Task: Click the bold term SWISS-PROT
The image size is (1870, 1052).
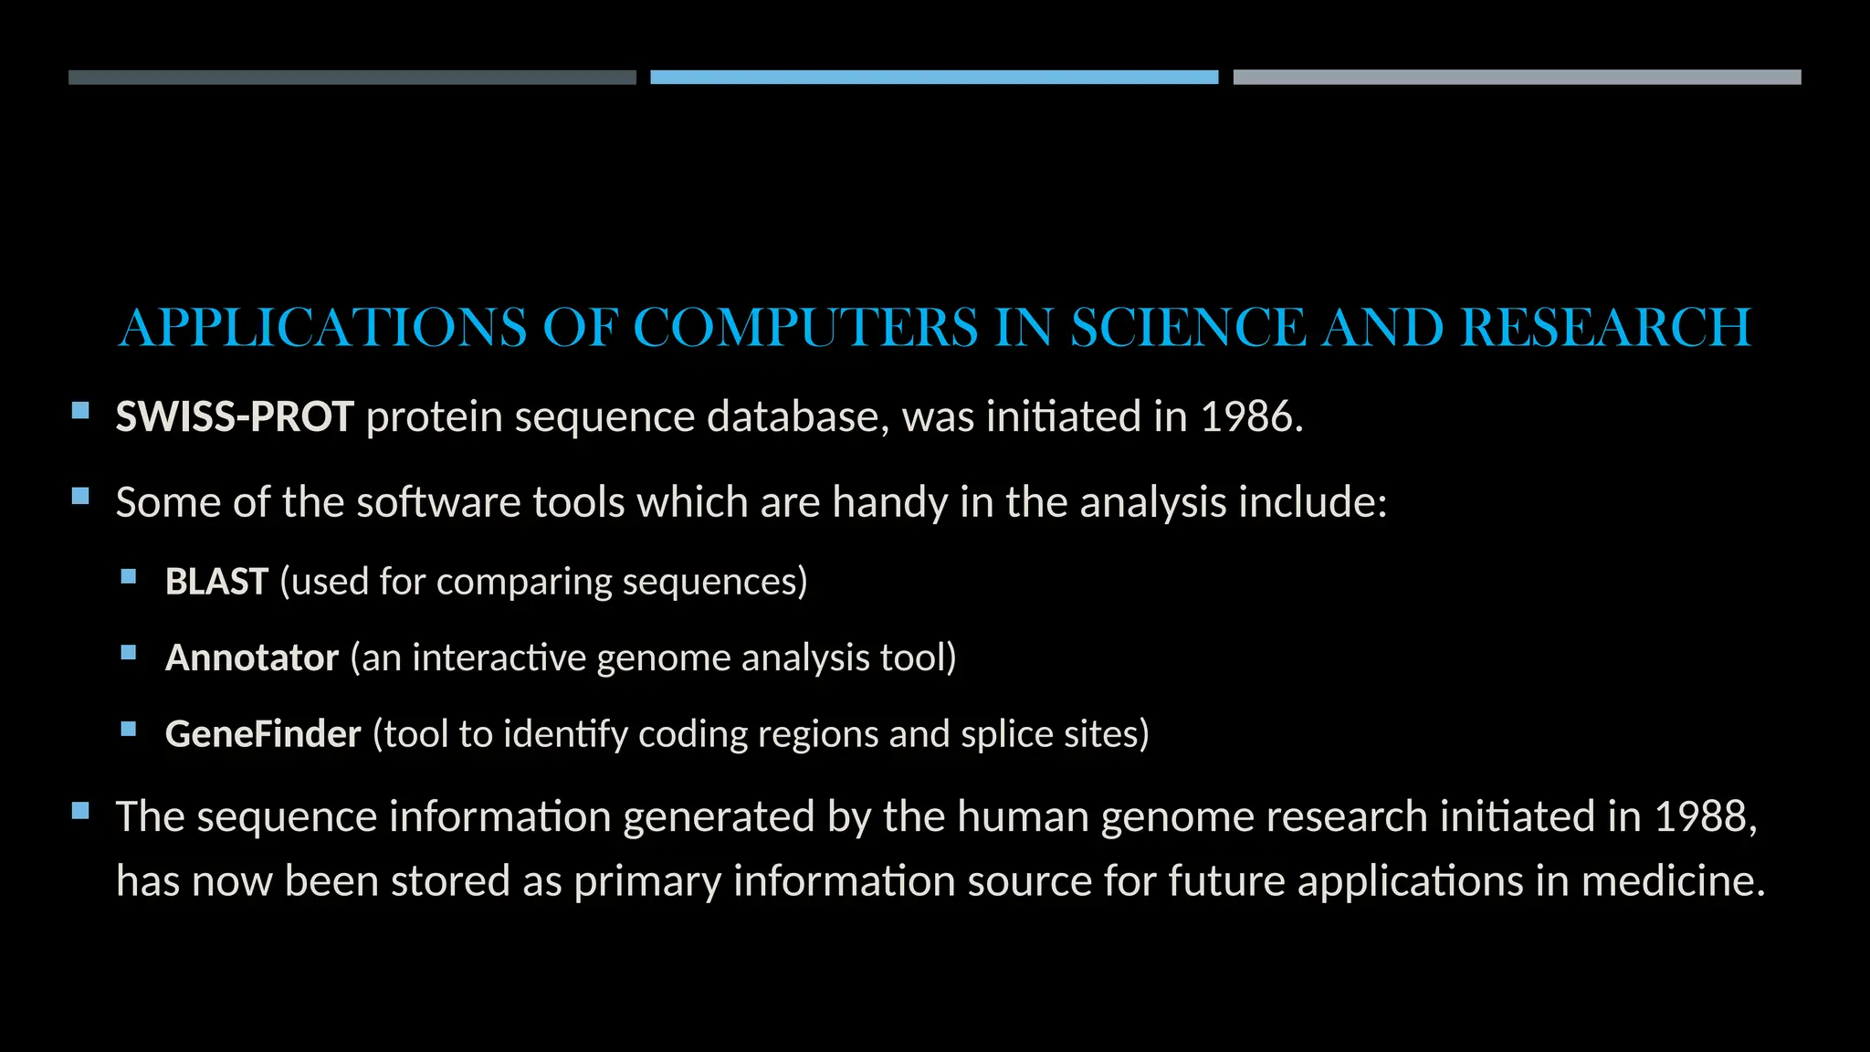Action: [x=235, y=417]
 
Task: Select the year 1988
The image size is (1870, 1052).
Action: [x=1700, y=816]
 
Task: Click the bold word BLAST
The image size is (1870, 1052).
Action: [x=216, y=582]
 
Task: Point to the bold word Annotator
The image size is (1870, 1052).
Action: [x=252, y=658]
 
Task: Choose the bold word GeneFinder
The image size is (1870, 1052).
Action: [x=263, y=734]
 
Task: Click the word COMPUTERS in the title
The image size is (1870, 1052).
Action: [x=805, y=328]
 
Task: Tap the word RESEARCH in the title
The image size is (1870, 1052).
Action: [x=1605, y=328]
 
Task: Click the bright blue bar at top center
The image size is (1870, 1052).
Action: [x=934, y=78]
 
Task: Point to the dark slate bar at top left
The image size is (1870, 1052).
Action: [x=352, y=78]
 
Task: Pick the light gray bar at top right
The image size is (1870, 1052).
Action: [x=1517, y=78]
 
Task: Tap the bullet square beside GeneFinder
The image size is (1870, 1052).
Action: [x=129, y=729]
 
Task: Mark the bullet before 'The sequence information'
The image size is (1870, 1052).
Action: [x=80, y=810]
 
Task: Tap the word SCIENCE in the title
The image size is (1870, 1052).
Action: [x=1188, y=328]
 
